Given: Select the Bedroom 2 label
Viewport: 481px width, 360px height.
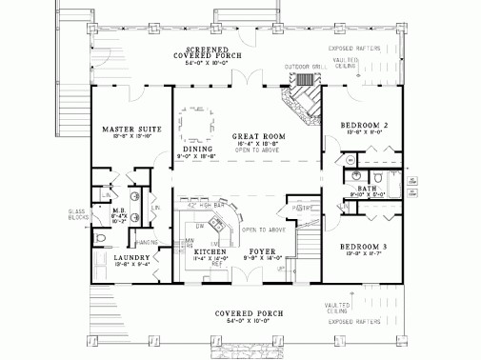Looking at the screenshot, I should tap(363, 126).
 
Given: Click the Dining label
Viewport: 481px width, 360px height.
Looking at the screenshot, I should tap(197, 148).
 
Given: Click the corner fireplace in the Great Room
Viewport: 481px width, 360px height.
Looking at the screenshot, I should tap(302, 101).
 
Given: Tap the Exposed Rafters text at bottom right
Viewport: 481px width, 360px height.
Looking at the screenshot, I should tap(357, 323).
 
